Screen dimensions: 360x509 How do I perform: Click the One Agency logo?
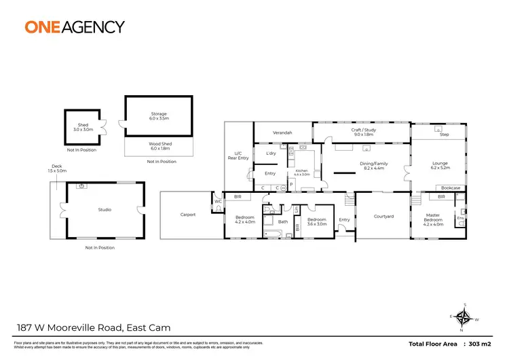[75, 27]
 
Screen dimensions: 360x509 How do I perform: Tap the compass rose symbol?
[464, 317]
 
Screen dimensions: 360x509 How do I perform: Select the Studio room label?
[105, 210]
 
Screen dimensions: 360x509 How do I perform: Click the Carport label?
[188, 215]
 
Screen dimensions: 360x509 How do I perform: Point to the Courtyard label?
[384, 217]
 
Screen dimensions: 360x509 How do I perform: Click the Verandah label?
[282, 132]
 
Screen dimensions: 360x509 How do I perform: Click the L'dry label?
[271, 154]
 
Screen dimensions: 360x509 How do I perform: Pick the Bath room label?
[283, 221]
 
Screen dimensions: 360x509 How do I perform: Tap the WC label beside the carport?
[219, 202]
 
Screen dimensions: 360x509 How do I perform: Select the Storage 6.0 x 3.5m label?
[159, 117]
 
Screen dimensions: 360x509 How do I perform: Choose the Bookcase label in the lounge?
[451, 187]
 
